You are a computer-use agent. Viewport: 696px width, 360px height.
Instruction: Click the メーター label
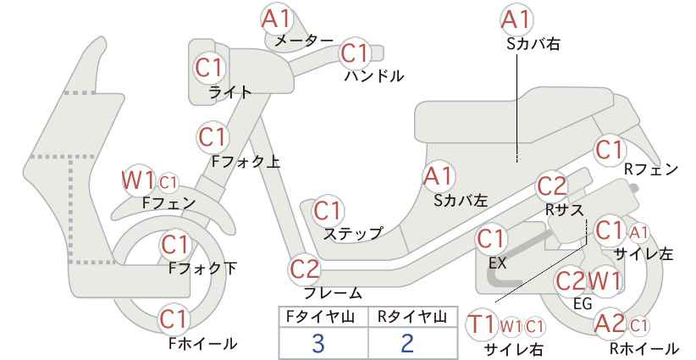point(304,41)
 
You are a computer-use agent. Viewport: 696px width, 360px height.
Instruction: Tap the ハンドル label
point(374,76)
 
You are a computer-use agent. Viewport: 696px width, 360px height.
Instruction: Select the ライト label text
point(230,92)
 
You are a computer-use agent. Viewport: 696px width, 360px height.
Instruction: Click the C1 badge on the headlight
point(209,68)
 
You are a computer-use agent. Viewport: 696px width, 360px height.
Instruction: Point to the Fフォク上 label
point(246,161)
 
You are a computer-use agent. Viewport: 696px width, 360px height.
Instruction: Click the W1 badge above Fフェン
point(138,180)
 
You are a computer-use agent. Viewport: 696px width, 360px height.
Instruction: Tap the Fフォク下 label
point(202,269)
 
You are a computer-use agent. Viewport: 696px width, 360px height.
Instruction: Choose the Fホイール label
point(202,343)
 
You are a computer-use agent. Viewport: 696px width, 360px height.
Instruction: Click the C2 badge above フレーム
point(305,269)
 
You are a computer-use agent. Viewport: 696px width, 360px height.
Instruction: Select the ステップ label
point(352,233)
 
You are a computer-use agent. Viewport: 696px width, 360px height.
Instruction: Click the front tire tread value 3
point(318,343)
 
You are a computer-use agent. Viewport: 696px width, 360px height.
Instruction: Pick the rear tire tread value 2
point(407,343)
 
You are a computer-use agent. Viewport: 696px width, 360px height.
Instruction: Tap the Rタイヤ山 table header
point(412,317)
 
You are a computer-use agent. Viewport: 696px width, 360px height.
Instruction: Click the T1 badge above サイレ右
point(482,325)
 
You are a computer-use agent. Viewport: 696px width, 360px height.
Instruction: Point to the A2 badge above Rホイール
point(610,324)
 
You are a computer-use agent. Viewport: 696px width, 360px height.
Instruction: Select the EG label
point(583,303)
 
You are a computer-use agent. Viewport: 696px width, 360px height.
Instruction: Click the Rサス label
point(564,210)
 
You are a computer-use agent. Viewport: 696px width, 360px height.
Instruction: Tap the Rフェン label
point(651,169)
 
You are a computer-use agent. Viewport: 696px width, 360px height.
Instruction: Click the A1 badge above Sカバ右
point(516,20)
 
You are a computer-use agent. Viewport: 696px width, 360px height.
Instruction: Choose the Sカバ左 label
point(461,201)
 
